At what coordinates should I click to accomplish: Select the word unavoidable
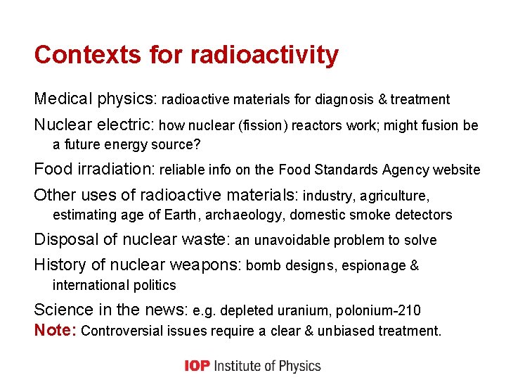[x=294, y=241]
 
